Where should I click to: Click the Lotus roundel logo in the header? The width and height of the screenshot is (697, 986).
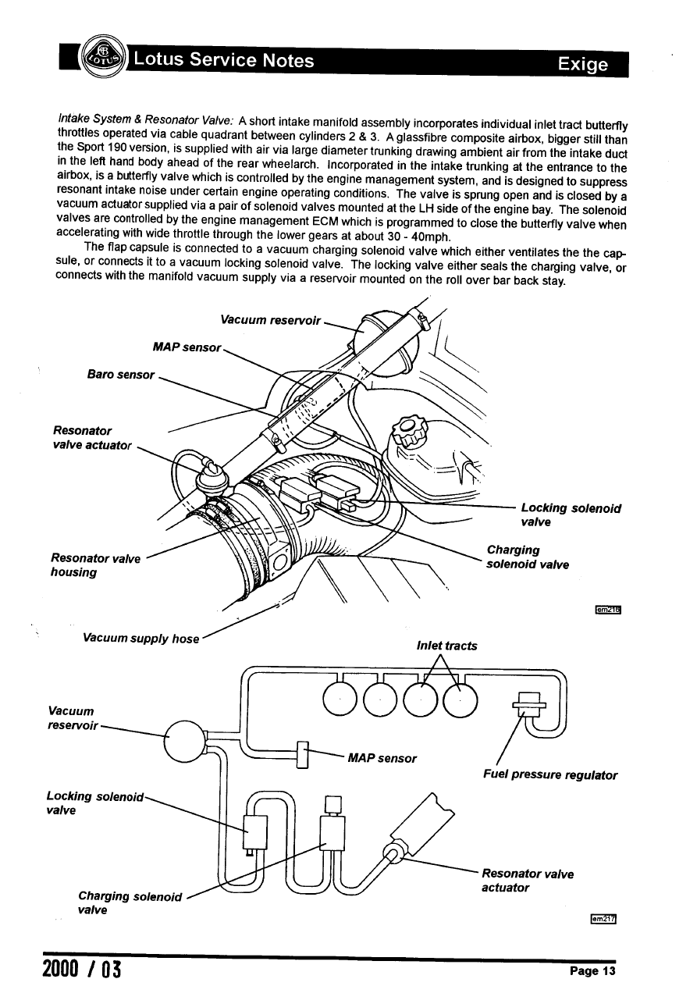point(104,58)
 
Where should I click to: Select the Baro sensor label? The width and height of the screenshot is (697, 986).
point(121,374)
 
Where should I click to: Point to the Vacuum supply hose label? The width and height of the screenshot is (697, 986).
point(140,638)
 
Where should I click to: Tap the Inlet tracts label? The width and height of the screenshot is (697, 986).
point(447,646)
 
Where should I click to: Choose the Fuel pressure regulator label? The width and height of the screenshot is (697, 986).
point(550,775)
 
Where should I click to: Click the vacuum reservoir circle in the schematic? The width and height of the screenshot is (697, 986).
point(185,740)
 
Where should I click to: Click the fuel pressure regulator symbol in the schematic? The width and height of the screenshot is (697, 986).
point(528,705)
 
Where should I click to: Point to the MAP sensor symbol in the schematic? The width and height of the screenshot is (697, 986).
point(304,756)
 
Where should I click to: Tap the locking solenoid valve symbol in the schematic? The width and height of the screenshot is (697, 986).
point(255,832)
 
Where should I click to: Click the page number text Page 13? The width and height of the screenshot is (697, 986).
point(592,971)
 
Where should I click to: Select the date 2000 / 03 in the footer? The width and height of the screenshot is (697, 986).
point(76,971)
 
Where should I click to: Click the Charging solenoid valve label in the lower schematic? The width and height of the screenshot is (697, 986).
point(130,902)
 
